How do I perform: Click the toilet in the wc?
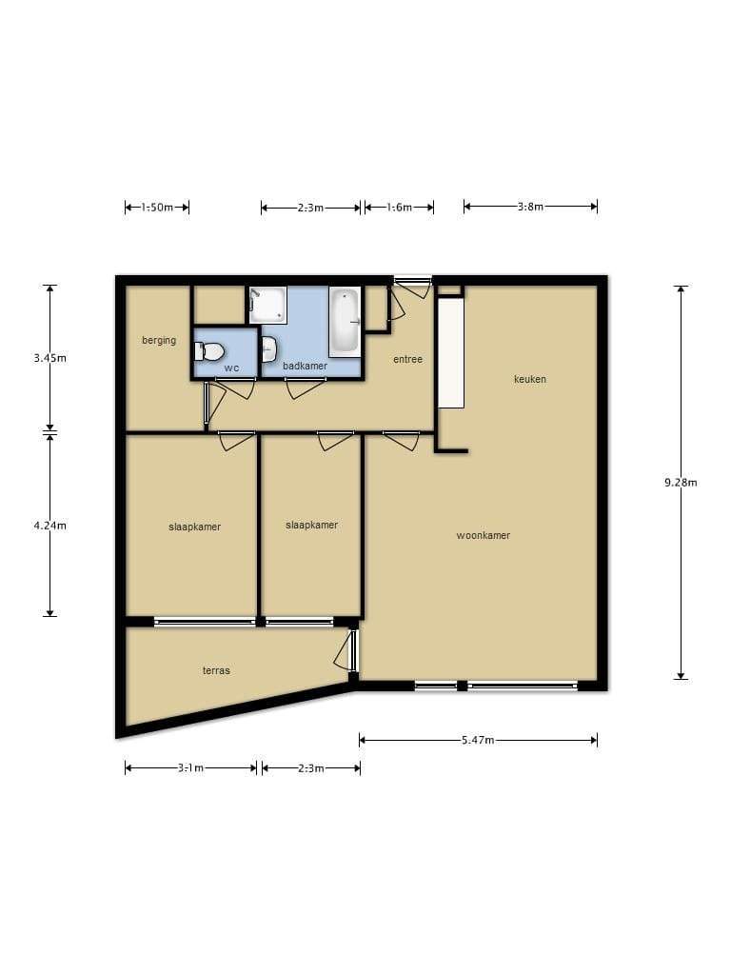tap(208, 352)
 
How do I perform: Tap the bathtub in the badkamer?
tap(345, 322)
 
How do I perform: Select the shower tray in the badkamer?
tap(267, 305)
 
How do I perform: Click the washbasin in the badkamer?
tap(268, 349)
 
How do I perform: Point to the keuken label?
tap(530, 379)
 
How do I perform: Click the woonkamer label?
tap(483, 535)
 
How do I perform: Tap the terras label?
tap(216, 670)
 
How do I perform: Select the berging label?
tap(159, 340)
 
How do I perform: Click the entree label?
tap(407, 359)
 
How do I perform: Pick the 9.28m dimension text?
tap(681, 482)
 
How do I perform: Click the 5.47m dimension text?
tap(478, 740)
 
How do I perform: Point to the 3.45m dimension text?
tap(49, 358)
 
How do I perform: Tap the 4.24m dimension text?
tap(49, 526)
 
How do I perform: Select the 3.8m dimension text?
tap(530, 207)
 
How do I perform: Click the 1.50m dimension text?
tap(157, 207)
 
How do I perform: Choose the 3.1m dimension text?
tap(190, 768)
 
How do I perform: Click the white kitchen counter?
tap(450, 353)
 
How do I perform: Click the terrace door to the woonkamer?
tap(345, 651)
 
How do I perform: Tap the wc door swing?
tap(239, 389)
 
